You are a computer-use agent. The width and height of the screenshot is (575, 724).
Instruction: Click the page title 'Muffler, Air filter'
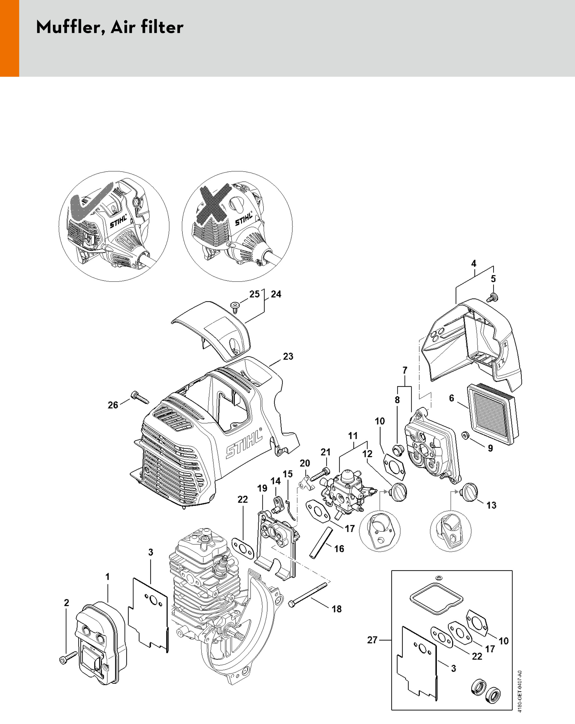click(109, 27)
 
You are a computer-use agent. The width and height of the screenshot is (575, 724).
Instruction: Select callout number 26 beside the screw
click(113, 405)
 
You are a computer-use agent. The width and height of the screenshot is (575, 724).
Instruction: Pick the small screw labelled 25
click(235, 306)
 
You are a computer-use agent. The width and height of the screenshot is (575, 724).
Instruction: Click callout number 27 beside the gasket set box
click(372, 640)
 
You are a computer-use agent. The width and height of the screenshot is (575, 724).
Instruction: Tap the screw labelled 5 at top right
click(492, 297)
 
